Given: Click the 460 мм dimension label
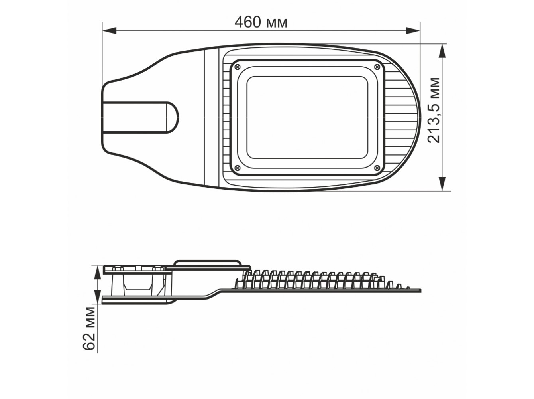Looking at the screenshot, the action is (x=261, y=22).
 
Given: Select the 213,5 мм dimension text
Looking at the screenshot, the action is (x=434, y=110).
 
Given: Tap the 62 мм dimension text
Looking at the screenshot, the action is (x=89, y=328).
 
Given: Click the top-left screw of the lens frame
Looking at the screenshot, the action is (x=238, y=66).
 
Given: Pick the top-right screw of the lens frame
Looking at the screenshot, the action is (x=377, y=66).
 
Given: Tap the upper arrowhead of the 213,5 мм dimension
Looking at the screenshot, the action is (x=442, y=51).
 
